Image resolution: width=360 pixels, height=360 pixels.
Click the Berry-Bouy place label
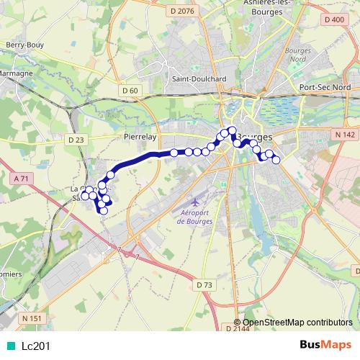coord(26,45)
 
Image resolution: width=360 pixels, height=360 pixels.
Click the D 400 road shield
coord(335,19)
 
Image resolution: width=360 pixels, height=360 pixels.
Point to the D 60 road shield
coord(130,90)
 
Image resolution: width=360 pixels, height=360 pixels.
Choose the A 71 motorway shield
coord(24,177)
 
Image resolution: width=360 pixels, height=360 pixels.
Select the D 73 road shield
coord(204,285)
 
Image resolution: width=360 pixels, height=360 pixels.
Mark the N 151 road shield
coord(32,318)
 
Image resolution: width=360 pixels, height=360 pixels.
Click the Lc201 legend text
coord(36,346)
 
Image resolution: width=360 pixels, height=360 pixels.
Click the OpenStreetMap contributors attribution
coord(297,323)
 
